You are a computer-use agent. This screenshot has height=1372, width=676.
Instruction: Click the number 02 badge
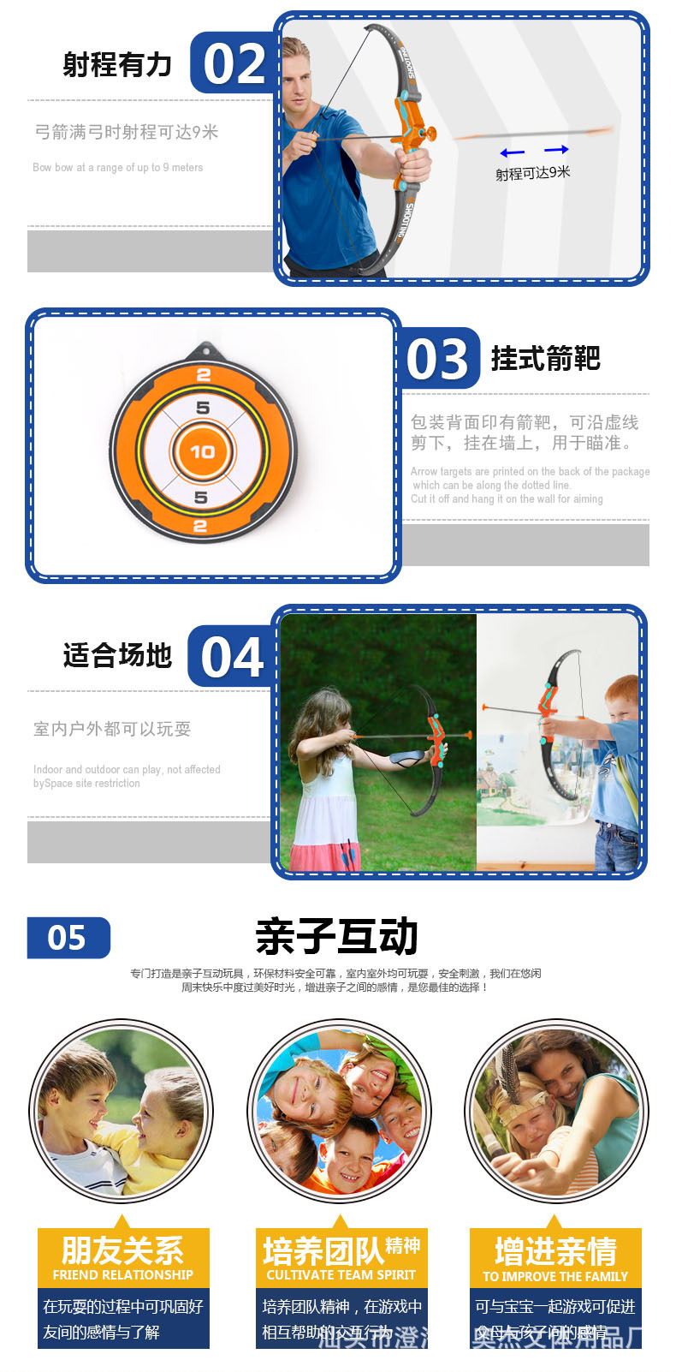[x=233, y=64]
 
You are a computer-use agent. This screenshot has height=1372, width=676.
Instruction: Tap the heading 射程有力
[x=117, y=64]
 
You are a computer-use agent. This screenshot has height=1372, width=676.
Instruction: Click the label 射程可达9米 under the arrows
[x=532, y=173]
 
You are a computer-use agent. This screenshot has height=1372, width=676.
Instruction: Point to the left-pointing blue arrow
[x=513, y=152]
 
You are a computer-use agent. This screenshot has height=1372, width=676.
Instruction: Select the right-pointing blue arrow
[x=556, y=150]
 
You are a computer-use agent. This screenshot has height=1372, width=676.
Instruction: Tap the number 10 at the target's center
[x=203, y=451]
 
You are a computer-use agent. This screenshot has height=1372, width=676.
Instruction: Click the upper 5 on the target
[x=203, y=408]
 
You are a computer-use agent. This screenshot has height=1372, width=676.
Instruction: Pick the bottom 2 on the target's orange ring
[x=200, y=526]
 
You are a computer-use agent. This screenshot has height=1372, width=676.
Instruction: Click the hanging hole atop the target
[x=205, y=350]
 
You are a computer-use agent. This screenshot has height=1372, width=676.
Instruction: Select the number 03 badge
[x=437, y=359]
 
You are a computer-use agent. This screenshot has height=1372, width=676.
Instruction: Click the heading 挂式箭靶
[x=545, y=358]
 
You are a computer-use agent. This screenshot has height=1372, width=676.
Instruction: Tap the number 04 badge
[x=231, y=658]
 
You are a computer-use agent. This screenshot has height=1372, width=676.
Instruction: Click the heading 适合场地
[x=117, y=655]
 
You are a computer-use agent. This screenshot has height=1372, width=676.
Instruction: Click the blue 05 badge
[x=68, y=938]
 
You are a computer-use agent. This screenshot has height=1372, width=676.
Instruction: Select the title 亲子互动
[x=336, y=936]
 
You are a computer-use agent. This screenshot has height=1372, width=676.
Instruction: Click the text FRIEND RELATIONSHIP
[x=123, y=1274]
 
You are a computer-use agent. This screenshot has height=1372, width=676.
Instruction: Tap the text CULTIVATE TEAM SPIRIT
[x=341, y=1274]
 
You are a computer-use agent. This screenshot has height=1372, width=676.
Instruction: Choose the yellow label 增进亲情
[x=555, y=1251]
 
